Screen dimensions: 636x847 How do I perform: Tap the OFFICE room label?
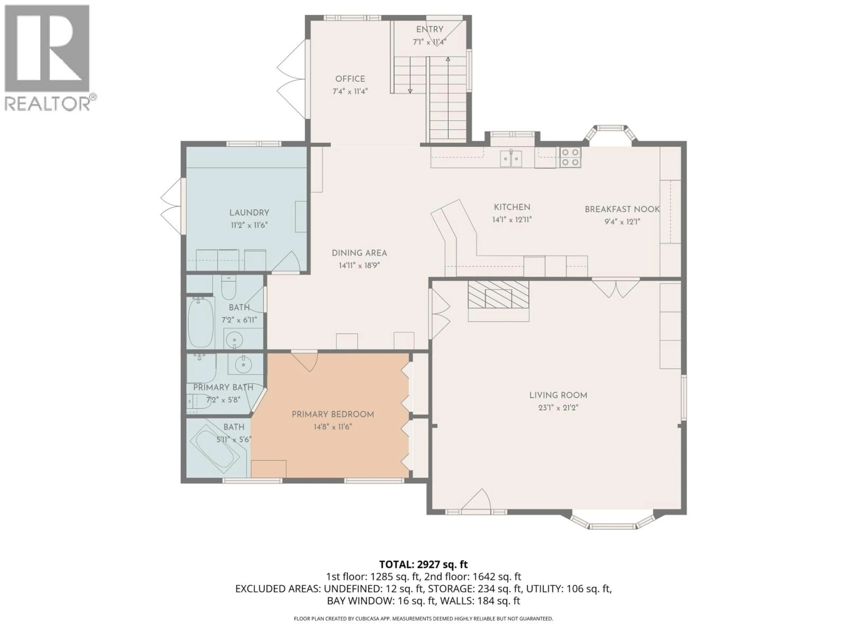pyautogui.click(x=350, y=79)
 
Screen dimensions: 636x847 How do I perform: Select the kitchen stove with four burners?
pyautogui.click(x=570, y=157)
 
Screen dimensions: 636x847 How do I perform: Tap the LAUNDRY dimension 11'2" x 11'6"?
pyautogui.click(x=249, y=225)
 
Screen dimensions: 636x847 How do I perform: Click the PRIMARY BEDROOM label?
pyautogui.click(x=333, y=415)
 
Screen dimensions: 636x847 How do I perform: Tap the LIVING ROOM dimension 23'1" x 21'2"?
pyautogui.click(x=558, y=407)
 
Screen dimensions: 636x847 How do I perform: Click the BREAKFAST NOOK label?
pyautogui.click(x=622, y=209)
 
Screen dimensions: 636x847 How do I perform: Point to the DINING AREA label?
pyautogui.click(x=359, y=253)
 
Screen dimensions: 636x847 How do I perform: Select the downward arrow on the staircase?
pyautogui.click(x=410, y=91)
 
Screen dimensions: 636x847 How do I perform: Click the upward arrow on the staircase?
pyautogui.click(x=448, y=59)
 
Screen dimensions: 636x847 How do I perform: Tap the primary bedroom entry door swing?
pyautogui.click(x=305, y=361)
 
